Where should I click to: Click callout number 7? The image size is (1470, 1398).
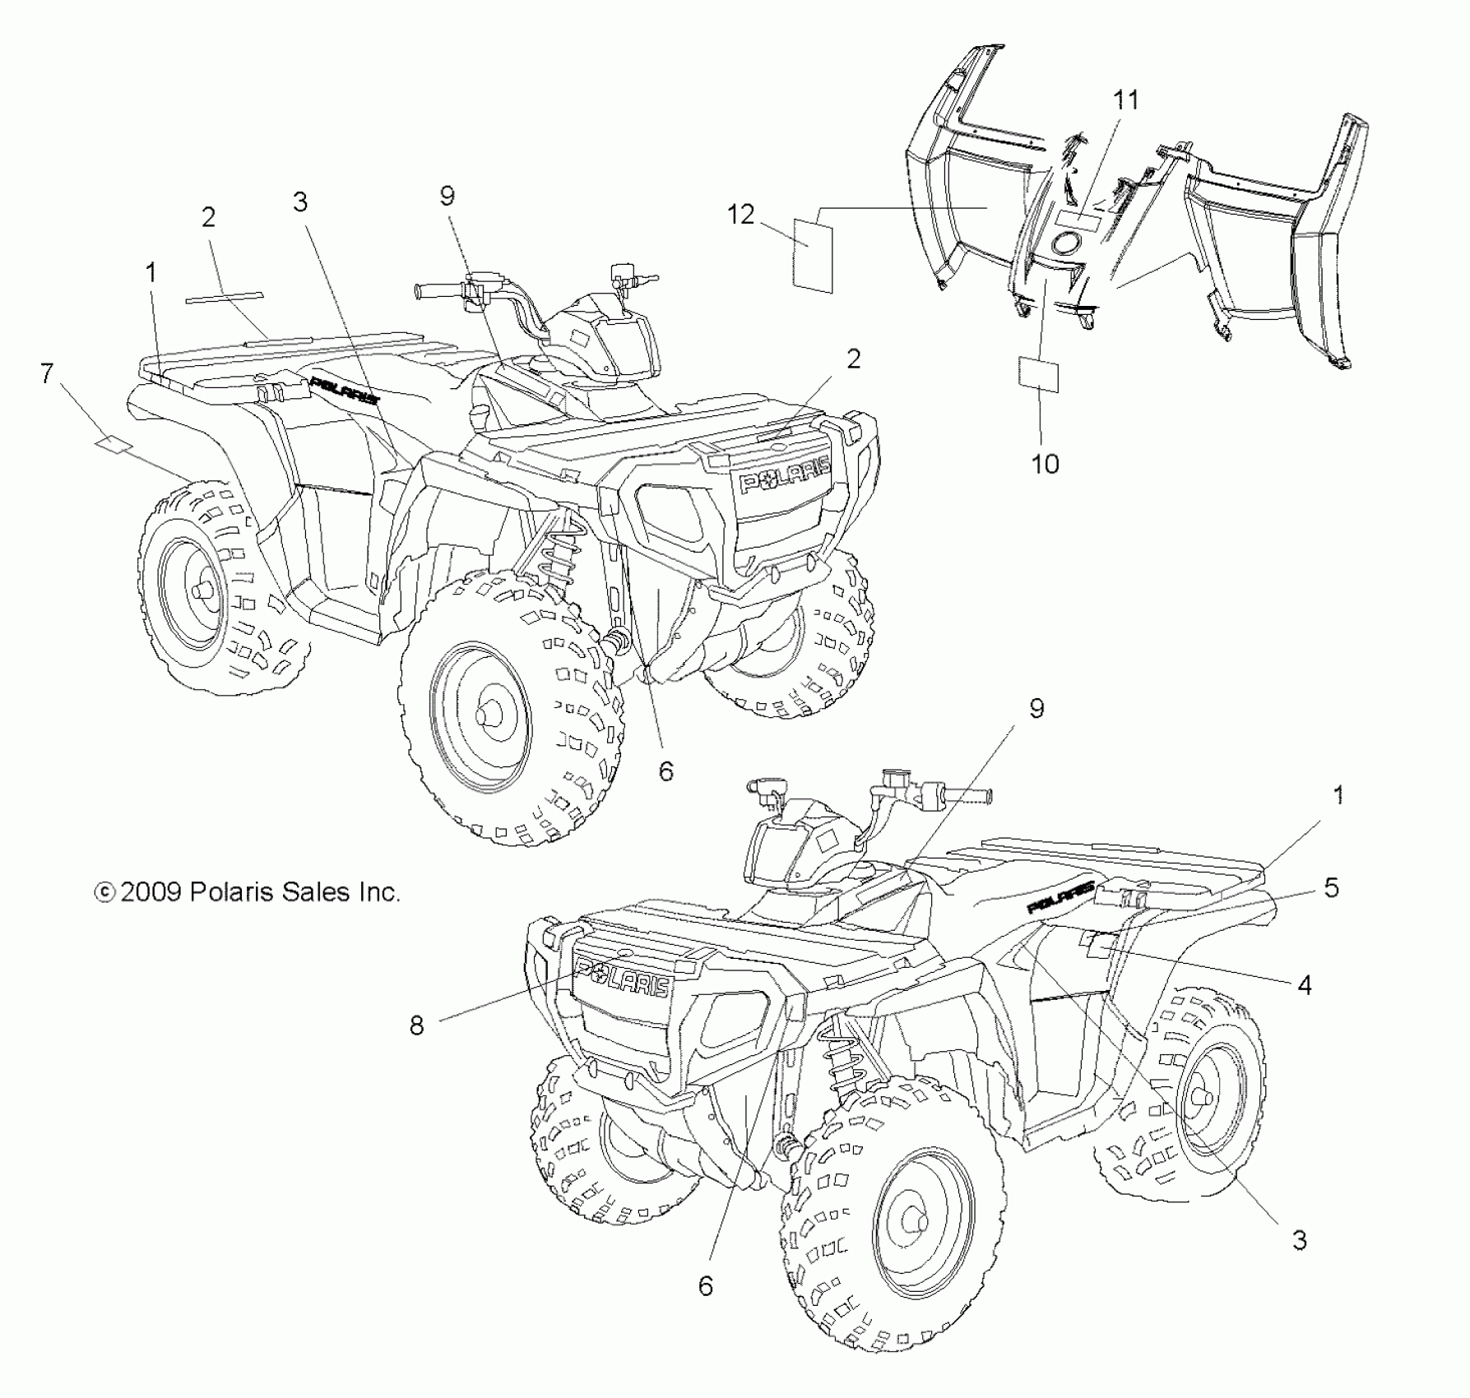click(47, 374)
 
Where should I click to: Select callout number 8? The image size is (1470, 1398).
click(417, 1025)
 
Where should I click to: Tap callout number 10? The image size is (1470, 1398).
click(1045, 464)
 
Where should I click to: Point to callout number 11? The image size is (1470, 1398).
click(1126, 100)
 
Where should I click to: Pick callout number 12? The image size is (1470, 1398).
click(740, 215)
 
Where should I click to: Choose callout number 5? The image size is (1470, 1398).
click(1331, 887)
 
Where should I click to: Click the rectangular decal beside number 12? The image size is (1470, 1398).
click(813, 256)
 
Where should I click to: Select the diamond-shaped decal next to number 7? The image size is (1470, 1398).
click(114, 445)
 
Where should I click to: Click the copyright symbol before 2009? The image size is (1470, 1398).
click(104, 892)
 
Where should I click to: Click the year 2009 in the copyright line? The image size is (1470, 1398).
click(151, 892)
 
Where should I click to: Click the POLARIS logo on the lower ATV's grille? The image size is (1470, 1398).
click(623, 976)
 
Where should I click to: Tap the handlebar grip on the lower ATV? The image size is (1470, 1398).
click(971, 795)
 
